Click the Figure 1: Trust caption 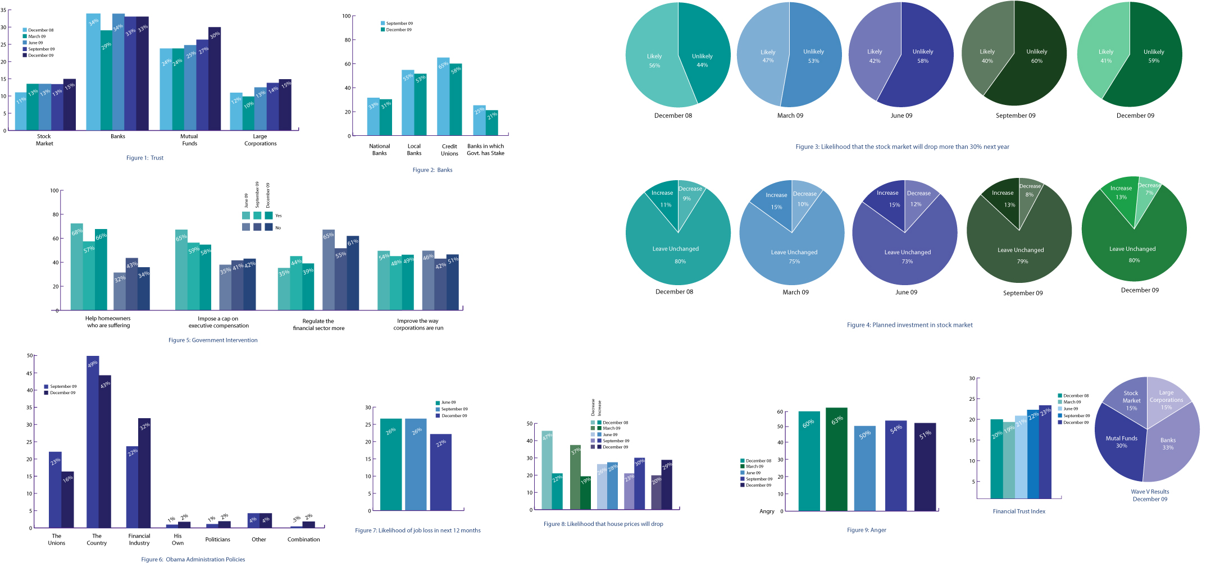tap(144, 158)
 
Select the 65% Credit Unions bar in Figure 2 tap(443, 98)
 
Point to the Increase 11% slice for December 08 tap(664, 199)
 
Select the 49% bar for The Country tap(93, 443)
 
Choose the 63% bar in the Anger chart tap(836, 460)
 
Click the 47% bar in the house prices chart tap(547, 472)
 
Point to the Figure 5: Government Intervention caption tap(213, 340)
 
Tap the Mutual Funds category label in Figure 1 tap(189, 140)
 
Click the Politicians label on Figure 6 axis tap(217, 539)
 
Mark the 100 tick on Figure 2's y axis tap(346, 16)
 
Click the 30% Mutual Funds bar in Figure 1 tap(215, 79)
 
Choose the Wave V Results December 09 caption tap(1150, 495)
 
